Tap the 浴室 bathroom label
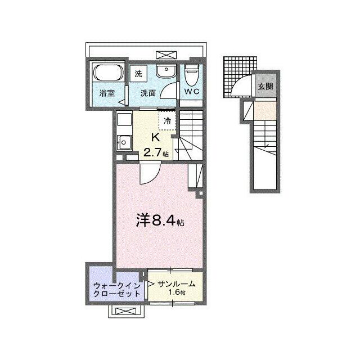click(x=107, y=93)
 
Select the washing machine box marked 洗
click(x=138, y=73)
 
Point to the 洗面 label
click(x=148, y=93)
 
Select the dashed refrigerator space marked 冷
click(x=168, y=120)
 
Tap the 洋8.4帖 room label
click(x=159, y=221)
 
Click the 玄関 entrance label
click(x=265, y=87)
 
